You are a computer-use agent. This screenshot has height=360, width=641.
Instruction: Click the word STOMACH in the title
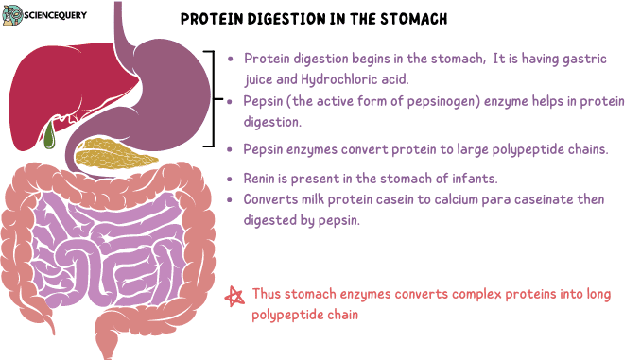click(x=415, y=20)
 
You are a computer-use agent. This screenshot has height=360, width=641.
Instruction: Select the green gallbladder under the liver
click(x=49, y=135)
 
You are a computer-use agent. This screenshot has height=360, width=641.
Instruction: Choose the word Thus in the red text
click(x=266, y=295)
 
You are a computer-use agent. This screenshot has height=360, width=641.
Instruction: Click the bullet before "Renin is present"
click(x=232, y=180)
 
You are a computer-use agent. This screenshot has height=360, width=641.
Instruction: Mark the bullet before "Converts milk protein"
click(x=232, y=200)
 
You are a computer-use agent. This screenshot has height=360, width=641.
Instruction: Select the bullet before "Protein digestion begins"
click(x=232, y=58)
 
